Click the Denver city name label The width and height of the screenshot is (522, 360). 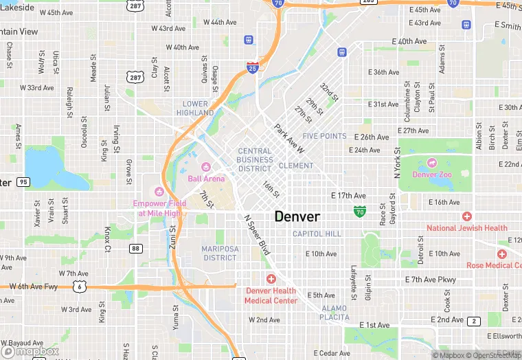(297, 216)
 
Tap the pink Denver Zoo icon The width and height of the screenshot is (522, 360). (432, 163)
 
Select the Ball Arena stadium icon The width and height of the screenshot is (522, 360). (205, 167)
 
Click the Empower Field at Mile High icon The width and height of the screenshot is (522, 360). (159, 191)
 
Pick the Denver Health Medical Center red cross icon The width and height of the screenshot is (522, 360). (271, 278)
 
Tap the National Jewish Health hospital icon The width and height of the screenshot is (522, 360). (467, 216)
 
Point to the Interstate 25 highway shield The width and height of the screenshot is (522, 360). (253, 67)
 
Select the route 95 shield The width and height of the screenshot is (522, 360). (24, 182)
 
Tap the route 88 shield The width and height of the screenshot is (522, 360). (136, 249)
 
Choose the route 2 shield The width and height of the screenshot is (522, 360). (473, 321)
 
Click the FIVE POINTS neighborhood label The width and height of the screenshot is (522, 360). (324, 136)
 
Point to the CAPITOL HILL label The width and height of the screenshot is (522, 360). (317, 234)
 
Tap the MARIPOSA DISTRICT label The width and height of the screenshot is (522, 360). (220, 253)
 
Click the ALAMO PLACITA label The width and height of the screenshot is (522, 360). (334, 313)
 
